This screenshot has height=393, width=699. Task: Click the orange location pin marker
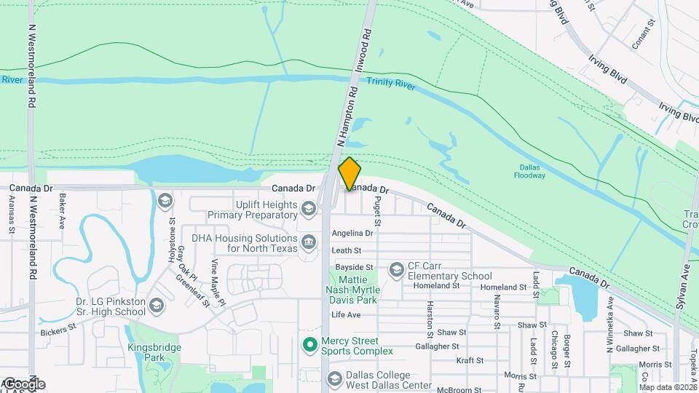[349, 173]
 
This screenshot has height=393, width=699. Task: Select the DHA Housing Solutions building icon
[309, 242]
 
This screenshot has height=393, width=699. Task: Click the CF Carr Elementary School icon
[396, 271]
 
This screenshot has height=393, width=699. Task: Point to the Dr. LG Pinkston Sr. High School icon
[157, 306]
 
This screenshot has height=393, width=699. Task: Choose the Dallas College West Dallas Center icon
[334, 378]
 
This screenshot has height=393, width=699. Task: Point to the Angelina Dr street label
[352, 234]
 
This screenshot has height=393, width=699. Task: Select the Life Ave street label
[346, 314]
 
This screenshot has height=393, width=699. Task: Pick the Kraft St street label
[470, 360]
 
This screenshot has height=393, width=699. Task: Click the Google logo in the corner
[23, 384]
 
